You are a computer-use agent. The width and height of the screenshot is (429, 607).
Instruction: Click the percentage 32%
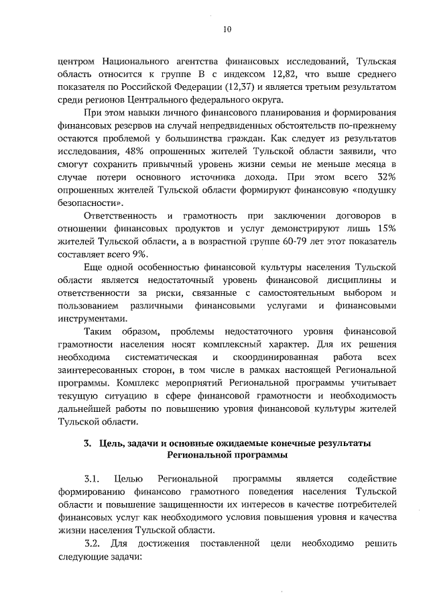(x=386, y=178)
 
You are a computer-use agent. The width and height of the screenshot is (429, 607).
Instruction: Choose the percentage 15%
(x=386, y=229)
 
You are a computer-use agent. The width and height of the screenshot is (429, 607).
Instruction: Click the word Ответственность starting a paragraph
(x=120, y=217)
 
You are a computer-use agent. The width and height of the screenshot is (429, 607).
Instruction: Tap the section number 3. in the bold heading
(x=87, y=444)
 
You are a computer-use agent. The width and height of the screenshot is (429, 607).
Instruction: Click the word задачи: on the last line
(x=123, y=556)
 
